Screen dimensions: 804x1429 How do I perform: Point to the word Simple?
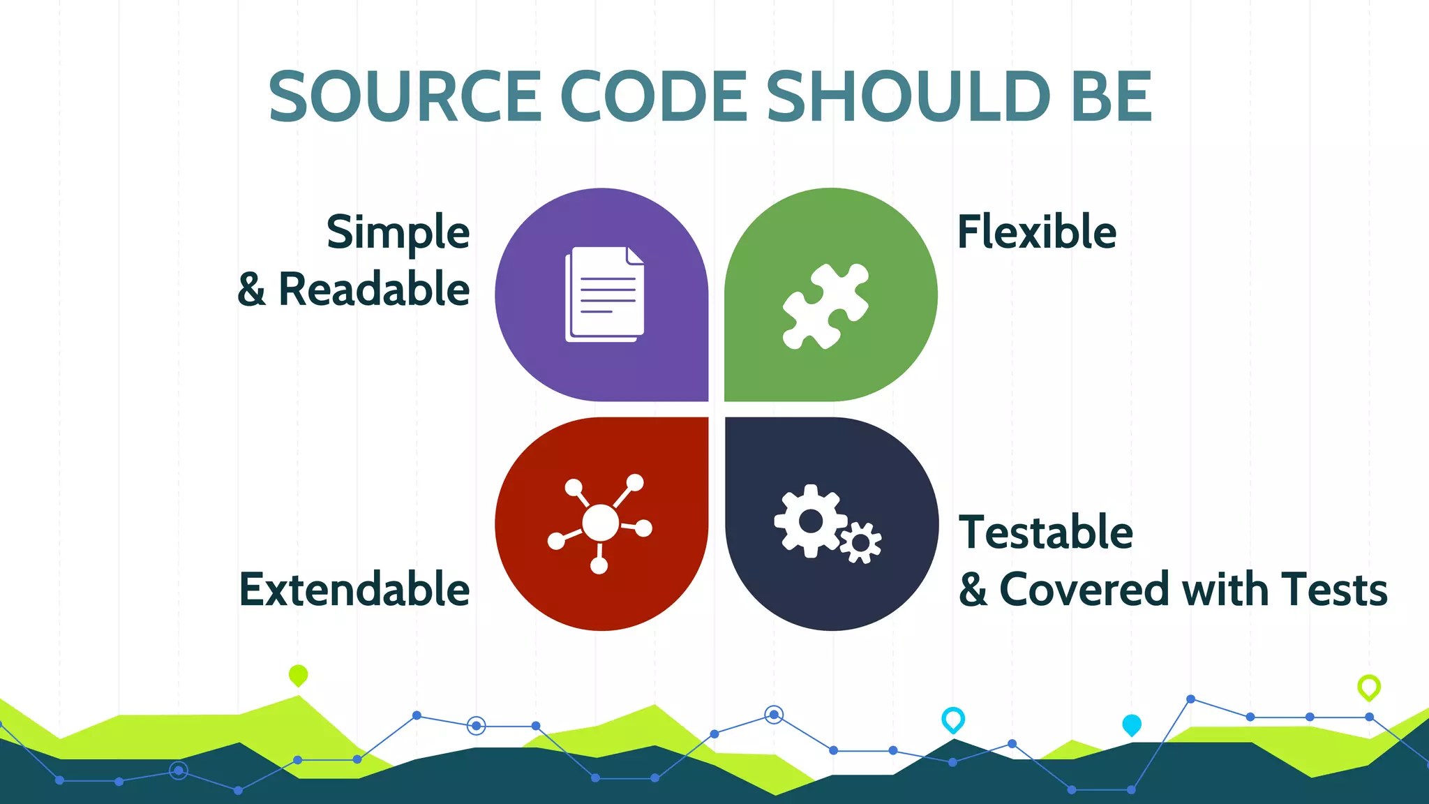coord(398,233)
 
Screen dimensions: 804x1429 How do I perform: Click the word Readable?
coord(374,289)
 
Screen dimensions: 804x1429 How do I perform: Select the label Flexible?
coord(1036,232)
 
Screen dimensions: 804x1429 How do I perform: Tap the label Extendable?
coord(354,589)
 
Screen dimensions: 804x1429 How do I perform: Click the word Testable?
coord(1045,532)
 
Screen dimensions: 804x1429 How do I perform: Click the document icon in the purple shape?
coord(604,294)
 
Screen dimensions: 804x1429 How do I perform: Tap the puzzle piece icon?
coord(826,306)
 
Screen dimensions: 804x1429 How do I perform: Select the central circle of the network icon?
coord(600,523)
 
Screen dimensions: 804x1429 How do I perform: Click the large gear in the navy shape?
coord(810,521)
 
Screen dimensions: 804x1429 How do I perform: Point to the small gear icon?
coord(861,542)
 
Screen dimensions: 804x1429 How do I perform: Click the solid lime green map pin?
coord(298,675)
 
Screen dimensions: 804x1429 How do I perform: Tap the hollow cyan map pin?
coord(952,719)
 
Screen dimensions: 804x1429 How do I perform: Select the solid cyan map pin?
coord(1131,724)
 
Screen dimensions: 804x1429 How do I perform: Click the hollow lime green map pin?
coord(1368,687)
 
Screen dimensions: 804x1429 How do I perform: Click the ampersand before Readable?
coord(252,289)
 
